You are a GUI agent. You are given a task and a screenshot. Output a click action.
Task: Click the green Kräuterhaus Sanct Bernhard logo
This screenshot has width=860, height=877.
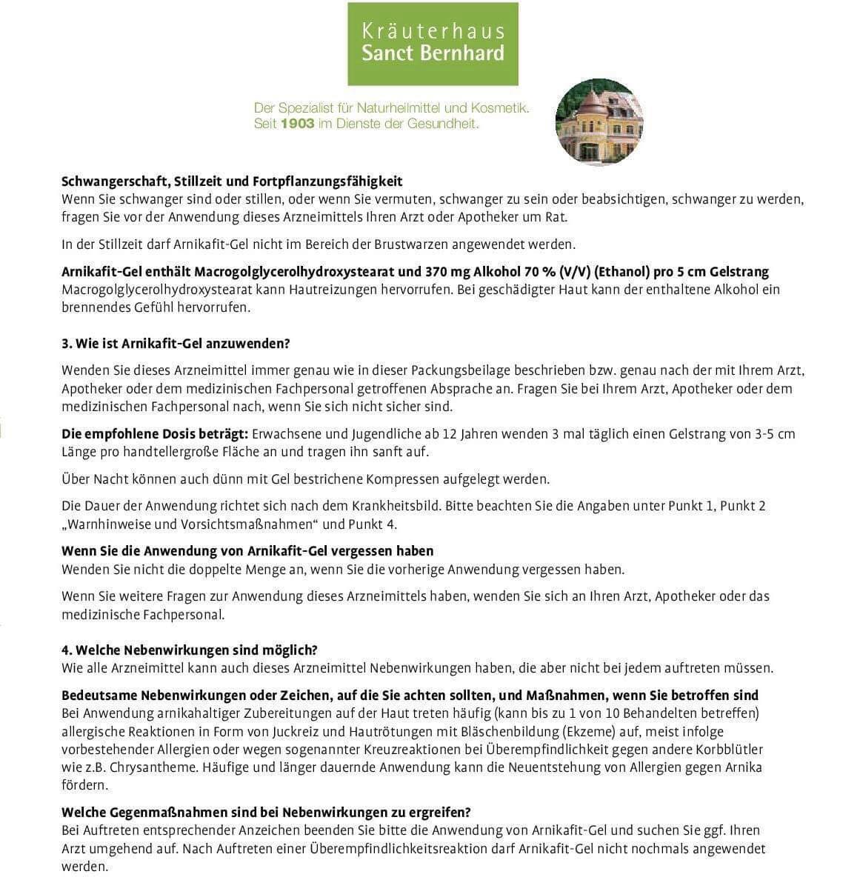[x=433, y=43]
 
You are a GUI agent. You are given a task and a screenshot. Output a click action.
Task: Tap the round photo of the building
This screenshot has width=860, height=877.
[x=599, y=122]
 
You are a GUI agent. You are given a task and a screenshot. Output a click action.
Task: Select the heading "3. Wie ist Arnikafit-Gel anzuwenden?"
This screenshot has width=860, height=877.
[x=176, y=344]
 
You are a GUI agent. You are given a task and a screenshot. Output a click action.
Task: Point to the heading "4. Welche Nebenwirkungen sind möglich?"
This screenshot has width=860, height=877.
[x=190, y=650]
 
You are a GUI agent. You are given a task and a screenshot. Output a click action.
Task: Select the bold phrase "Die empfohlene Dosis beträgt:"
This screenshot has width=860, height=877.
[x=155, y=434]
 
